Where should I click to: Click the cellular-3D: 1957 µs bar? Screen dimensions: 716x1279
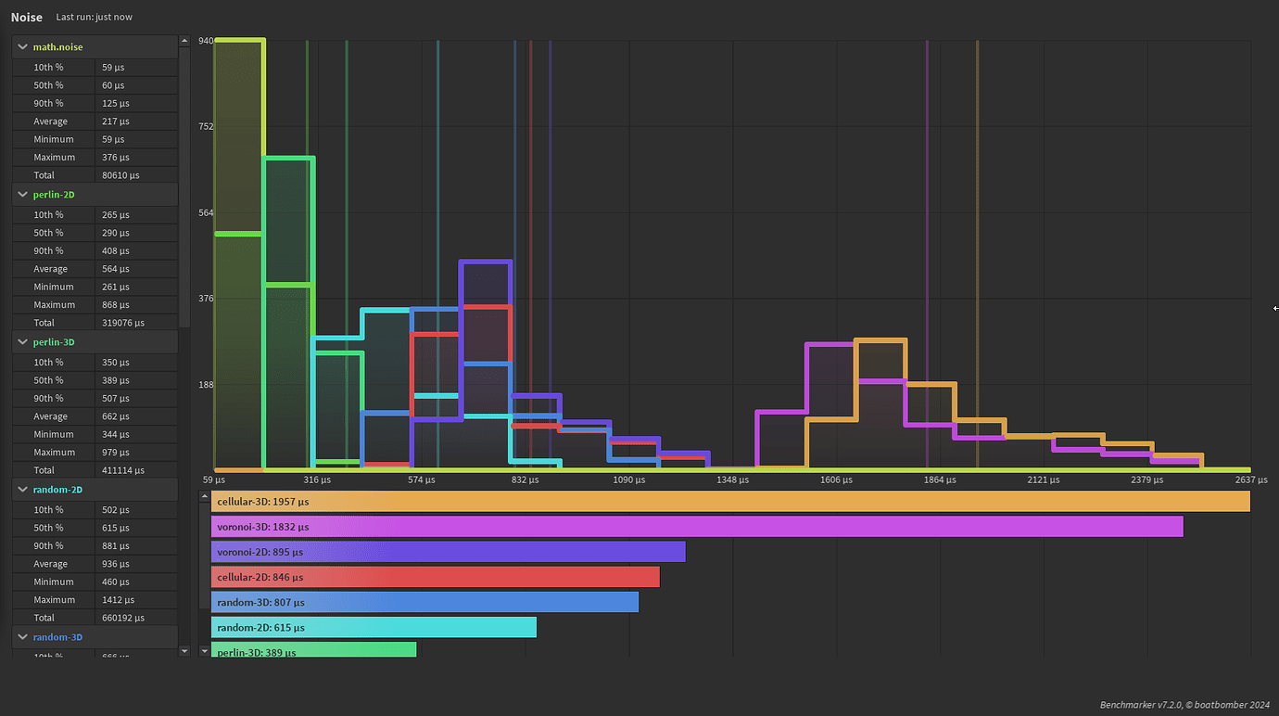pyautogui.click(x=730, y=502)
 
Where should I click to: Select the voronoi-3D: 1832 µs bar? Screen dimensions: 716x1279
pyautogui.click(x=697, y=527)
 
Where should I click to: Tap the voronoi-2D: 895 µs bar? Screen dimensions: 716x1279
pyautogui.click(x=449, y=552)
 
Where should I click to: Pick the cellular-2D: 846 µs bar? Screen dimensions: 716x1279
pyautogui.click(x=436, y=577)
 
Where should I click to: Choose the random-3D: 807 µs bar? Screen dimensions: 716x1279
pyautogui.click(x=425, y=602)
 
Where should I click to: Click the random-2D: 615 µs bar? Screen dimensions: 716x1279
pyautogui.click(x=374, y=628)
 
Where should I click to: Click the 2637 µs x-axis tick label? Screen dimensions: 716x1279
pyautogui.click(x=1250, y=480)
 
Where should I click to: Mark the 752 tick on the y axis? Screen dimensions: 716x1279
pyautogui.click(x=206, y=126)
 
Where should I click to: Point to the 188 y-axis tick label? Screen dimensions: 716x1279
pyautogui.click(x=206, y=385)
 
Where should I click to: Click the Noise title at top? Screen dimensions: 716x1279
pyautogui.click(x=27, y=18)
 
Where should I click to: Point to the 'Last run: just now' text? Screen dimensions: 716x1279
pyautogui.click(x=94, y=18)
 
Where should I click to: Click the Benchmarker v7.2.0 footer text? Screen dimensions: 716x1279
pyautogui.click(x=1184, y=705)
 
